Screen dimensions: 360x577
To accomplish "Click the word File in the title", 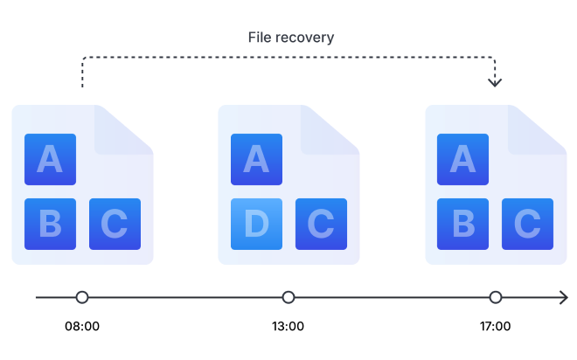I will [x=261, y=38].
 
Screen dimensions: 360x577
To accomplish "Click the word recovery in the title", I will [x=305, y=38].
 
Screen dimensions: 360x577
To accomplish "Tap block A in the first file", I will [x=50, y=159].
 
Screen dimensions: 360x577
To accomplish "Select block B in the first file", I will [x=50, y=224].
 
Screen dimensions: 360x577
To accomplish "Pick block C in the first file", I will [x=115, y=224].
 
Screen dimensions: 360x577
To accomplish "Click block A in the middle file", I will [x=256, y=159].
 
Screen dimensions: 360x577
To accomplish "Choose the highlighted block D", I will [x=256, y=224].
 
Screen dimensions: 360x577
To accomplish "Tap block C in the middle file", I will [x=321, y=224].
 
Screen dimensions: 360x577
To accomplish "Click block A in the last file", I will [x=462, y=159].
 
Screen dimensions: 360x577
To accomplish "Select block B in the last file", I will [x=462, y=224].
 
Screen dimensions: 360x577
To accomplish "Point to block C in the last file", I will [x=527, y=224].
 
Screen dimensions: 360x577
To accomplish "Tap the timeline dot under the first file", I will [x=82, y=297].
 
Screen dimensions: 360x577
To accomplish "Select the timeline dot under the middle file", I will [x=288, y=297].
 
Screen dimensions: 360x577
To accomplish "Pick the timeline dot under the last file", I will [x=496, y=297].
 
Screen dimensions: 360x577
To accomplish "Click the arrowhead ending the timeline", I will [x=564, y=297].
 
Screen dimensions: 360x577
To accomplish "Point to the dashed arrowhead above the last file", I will [x=495, y=83].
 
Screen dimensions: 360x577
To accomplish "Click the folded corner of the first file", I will [x=131, y=128].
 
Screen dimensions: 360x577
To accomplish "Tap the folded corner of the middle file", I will [x=337, y=128].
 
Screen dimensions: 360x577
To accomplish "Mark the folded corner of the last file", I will [x=545, y=128].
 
